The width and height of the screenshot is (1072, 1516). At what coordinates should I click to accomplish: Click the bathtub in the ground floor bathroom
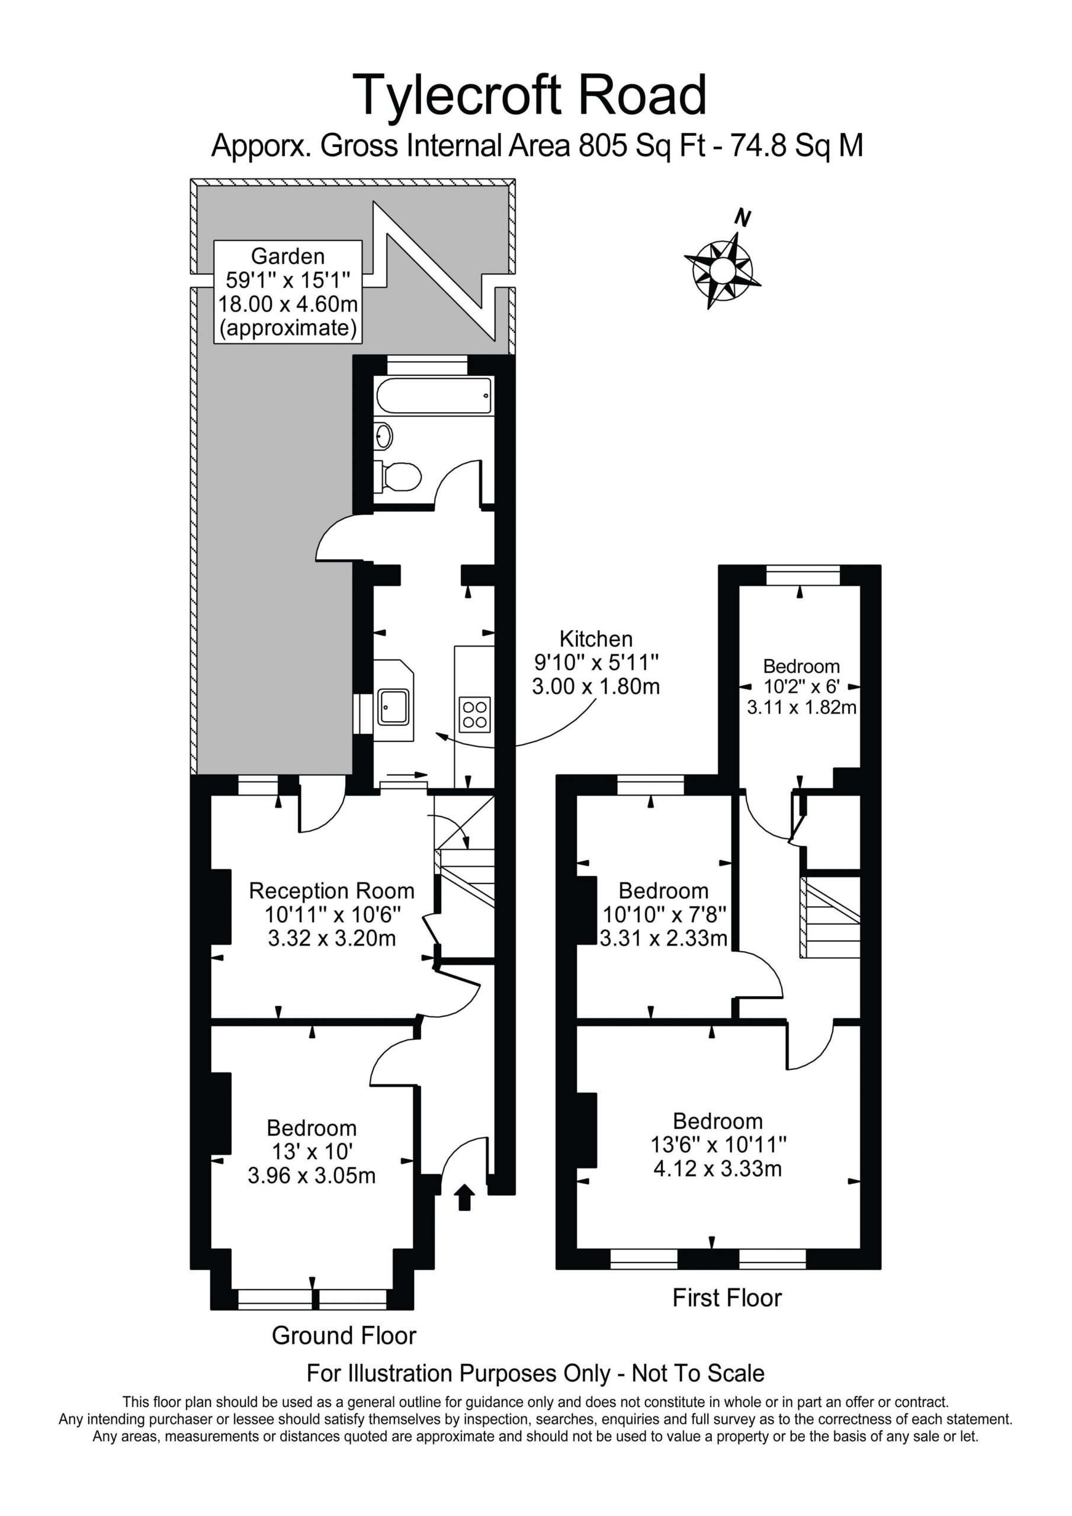pyautogui.click(x=434, y=396)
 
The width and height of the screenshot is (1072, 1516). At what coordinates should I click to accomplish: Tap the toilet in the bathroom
pyautogui.click(x=397, y=476)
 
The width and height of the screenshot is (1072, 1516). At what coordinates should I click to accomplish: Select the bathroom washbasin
pyautogui.click(x=383, y=436)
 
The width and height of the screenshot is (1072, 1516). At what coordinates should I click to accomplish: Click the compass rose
pyautogui.click(x=721, y=269)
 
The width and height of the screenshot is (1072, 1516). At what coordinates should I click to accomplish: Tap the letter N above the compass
pyautogui.click(x=744, y=217)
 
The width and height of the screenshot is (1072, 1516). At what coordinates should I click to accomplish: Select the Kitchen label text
pyautogui.click(x=596, y=639)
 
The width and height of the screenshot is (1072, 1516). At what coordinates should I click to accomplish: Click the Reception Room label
pyautogui.click(x=332, y=891)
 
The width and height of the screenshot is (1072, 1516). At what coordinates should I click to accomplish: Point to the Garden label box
pyautogui.click(x=288, y=292)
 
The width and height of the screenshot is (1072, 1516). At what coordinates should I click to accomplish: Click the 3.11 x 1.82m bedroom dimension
pyautogui.click(x=801, y=707)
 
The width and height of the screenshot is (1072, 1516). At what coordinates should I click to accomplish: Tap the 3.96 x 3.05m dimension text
pyautogui.click(x=312, y=1175)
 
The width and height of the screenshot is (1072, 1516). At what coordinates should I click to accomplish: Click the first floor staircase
pyautogui.click(x=830, y=917)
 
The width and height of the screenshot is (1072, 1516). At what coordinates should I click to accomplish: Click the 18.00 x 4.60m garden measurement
pyautogui.click(x=288, y=304)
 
